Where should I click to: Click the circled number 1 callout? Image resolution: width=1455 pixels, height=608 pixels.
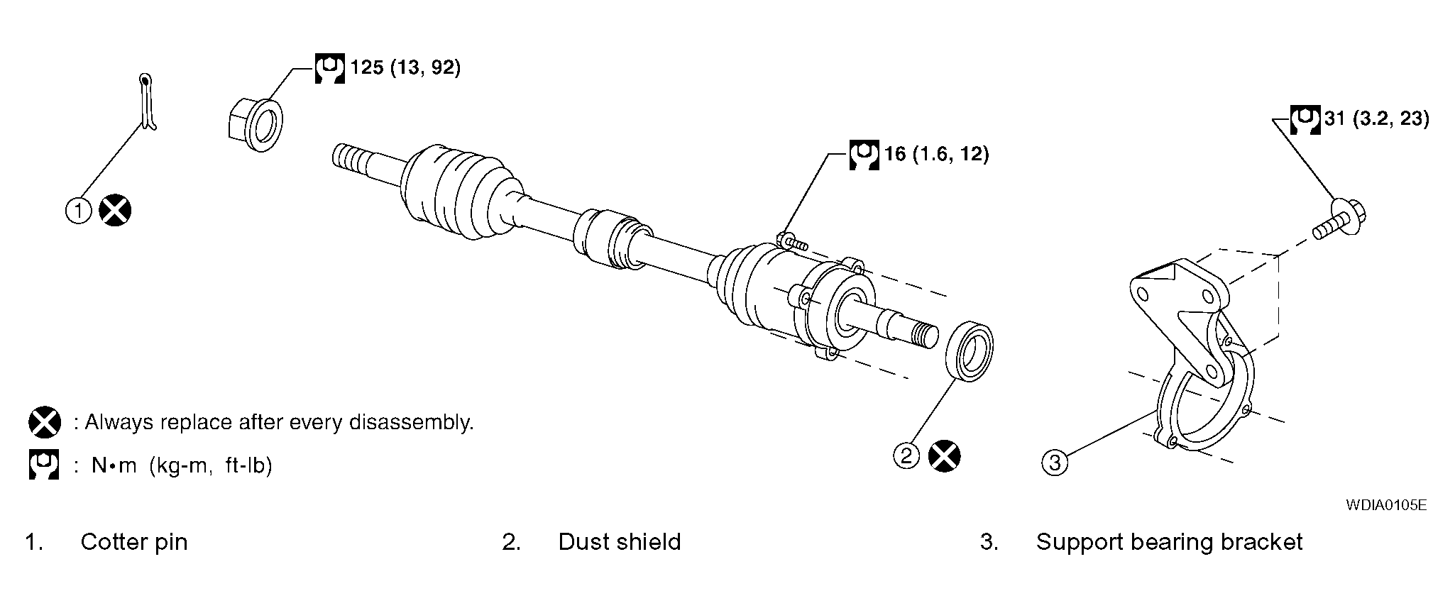tap(79, 211)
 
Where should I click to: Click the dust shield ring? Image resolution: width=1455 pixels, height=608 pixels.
tap(970, 353)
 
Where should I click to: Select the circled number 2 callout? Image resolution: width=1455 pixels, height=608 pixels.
tap(906, 455)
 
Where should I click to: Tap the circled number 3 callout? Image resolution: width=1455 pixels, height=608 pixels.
tap(1055, 463)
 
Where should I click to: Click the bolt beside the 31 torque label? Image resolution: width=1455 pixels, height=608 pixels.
tap(1339, 221)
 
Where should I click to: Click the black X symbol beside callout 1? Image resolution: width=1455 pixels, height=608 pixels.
tap(115, 211)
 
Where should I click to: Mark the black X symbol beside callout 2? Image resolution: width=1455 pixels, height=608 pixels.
tap(945, 455)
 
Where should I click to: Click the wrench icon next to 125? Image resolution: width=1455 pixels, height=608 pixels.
tap(329, 68)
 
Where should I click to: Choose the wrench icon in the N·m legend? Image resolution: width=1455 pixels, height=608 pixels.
tap(44, 465)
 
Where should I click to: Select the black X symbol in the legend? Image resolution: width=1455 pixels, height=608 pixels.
tap(45, 423)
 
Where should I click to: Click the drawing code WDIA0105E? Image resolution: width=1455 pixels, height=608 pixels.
tap(1386, 505)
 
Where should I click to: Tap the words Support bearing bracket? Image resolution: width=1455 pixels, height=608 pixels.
tap(1169, 542)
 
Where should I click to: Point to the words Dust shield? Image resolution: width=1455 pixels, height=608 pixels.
tap(620, 542)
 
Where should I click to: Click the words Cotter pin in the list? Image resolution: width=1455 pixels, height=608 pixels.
tap(134, 542)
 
